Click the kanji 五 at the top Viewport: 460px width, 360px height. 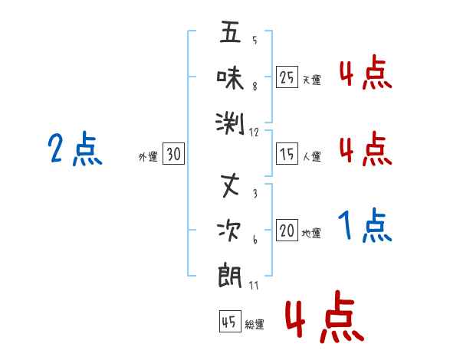230,34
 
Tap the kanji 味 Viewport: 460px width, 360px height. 230,77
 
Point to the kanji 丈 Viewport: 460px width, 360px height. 230,186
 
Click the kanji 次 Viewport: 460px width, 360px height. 230,230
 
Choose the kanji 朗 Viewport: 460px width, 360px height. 230,273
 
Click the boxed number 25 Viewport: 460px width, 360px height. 287,77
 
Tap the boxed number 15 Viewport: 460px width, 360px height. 287,155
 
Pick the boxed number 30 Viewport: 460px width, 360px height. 173,155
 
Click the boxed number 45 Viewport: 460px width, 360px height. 228,322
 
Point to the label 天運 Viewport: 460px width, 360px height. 311,80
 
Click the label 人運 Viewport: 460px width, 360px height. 311,157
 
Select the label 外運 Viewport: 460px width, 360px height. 147,157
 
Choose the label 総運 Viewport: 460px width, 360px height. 254,325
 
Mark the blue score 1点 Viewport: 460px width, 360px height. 365,227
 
